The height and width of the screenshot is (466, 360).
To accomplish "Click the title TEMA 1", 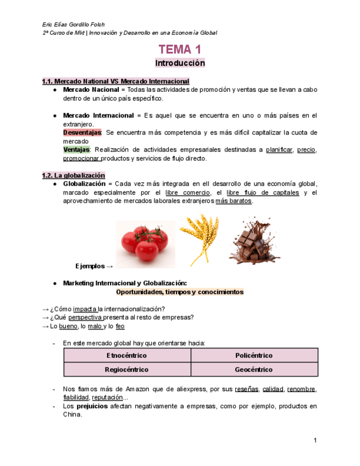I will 180,49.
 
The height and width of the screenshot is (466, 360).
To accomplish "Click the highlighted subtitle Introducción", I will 180,63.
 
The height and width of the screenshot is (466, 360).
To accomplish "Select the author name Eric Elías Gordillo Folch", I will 74,25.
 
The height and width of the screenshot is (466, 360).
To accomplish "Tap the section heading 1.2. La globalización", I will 74,175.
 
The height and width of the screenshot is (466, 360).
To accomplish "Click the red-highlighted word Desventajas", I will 82,133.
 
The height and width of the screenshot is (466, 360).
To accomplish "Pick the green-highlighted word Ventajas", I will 76,150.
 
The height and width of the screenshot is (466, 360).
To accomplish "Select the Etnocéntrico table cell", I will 127,356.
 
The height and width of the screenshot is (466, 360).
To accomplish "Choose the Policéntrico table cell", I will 254,356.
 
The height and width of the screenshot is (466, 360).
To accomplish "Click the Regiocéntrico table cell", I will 127,370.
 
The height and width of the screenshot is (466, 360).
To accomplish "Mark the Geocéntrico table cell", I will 254,370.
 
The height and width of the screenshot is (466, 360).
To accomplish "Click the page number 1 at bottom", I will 315,440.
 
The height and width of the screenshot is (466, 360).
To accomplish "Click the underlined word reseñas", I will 246,390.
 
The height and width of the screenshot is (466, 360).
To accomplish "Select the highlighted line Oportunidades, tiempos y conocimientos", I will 180,292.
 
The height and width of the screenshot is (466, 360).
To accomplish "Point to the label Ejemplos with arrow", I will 94,267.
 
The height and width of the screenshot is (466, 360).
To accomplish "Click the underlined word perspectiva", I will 85,317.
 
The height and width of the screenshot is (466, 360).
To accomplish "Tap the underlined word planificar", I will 279,150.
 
